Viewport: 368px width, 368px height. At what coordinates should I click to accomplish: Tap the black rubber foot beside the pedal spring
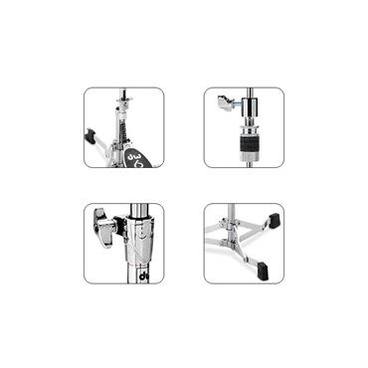97,138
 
